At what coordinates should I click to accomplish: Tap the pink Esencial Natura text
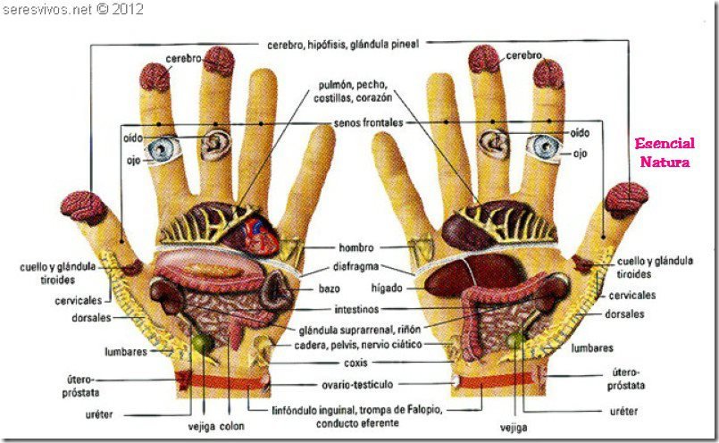[x=664, y=152]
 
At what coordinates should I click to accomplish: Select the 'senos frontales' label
[x=368, y=122]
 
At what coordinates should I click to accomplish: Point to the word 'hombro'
[x=355, y=247]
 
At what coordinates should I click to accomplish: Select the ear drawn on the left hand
[x=215, y=144]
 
